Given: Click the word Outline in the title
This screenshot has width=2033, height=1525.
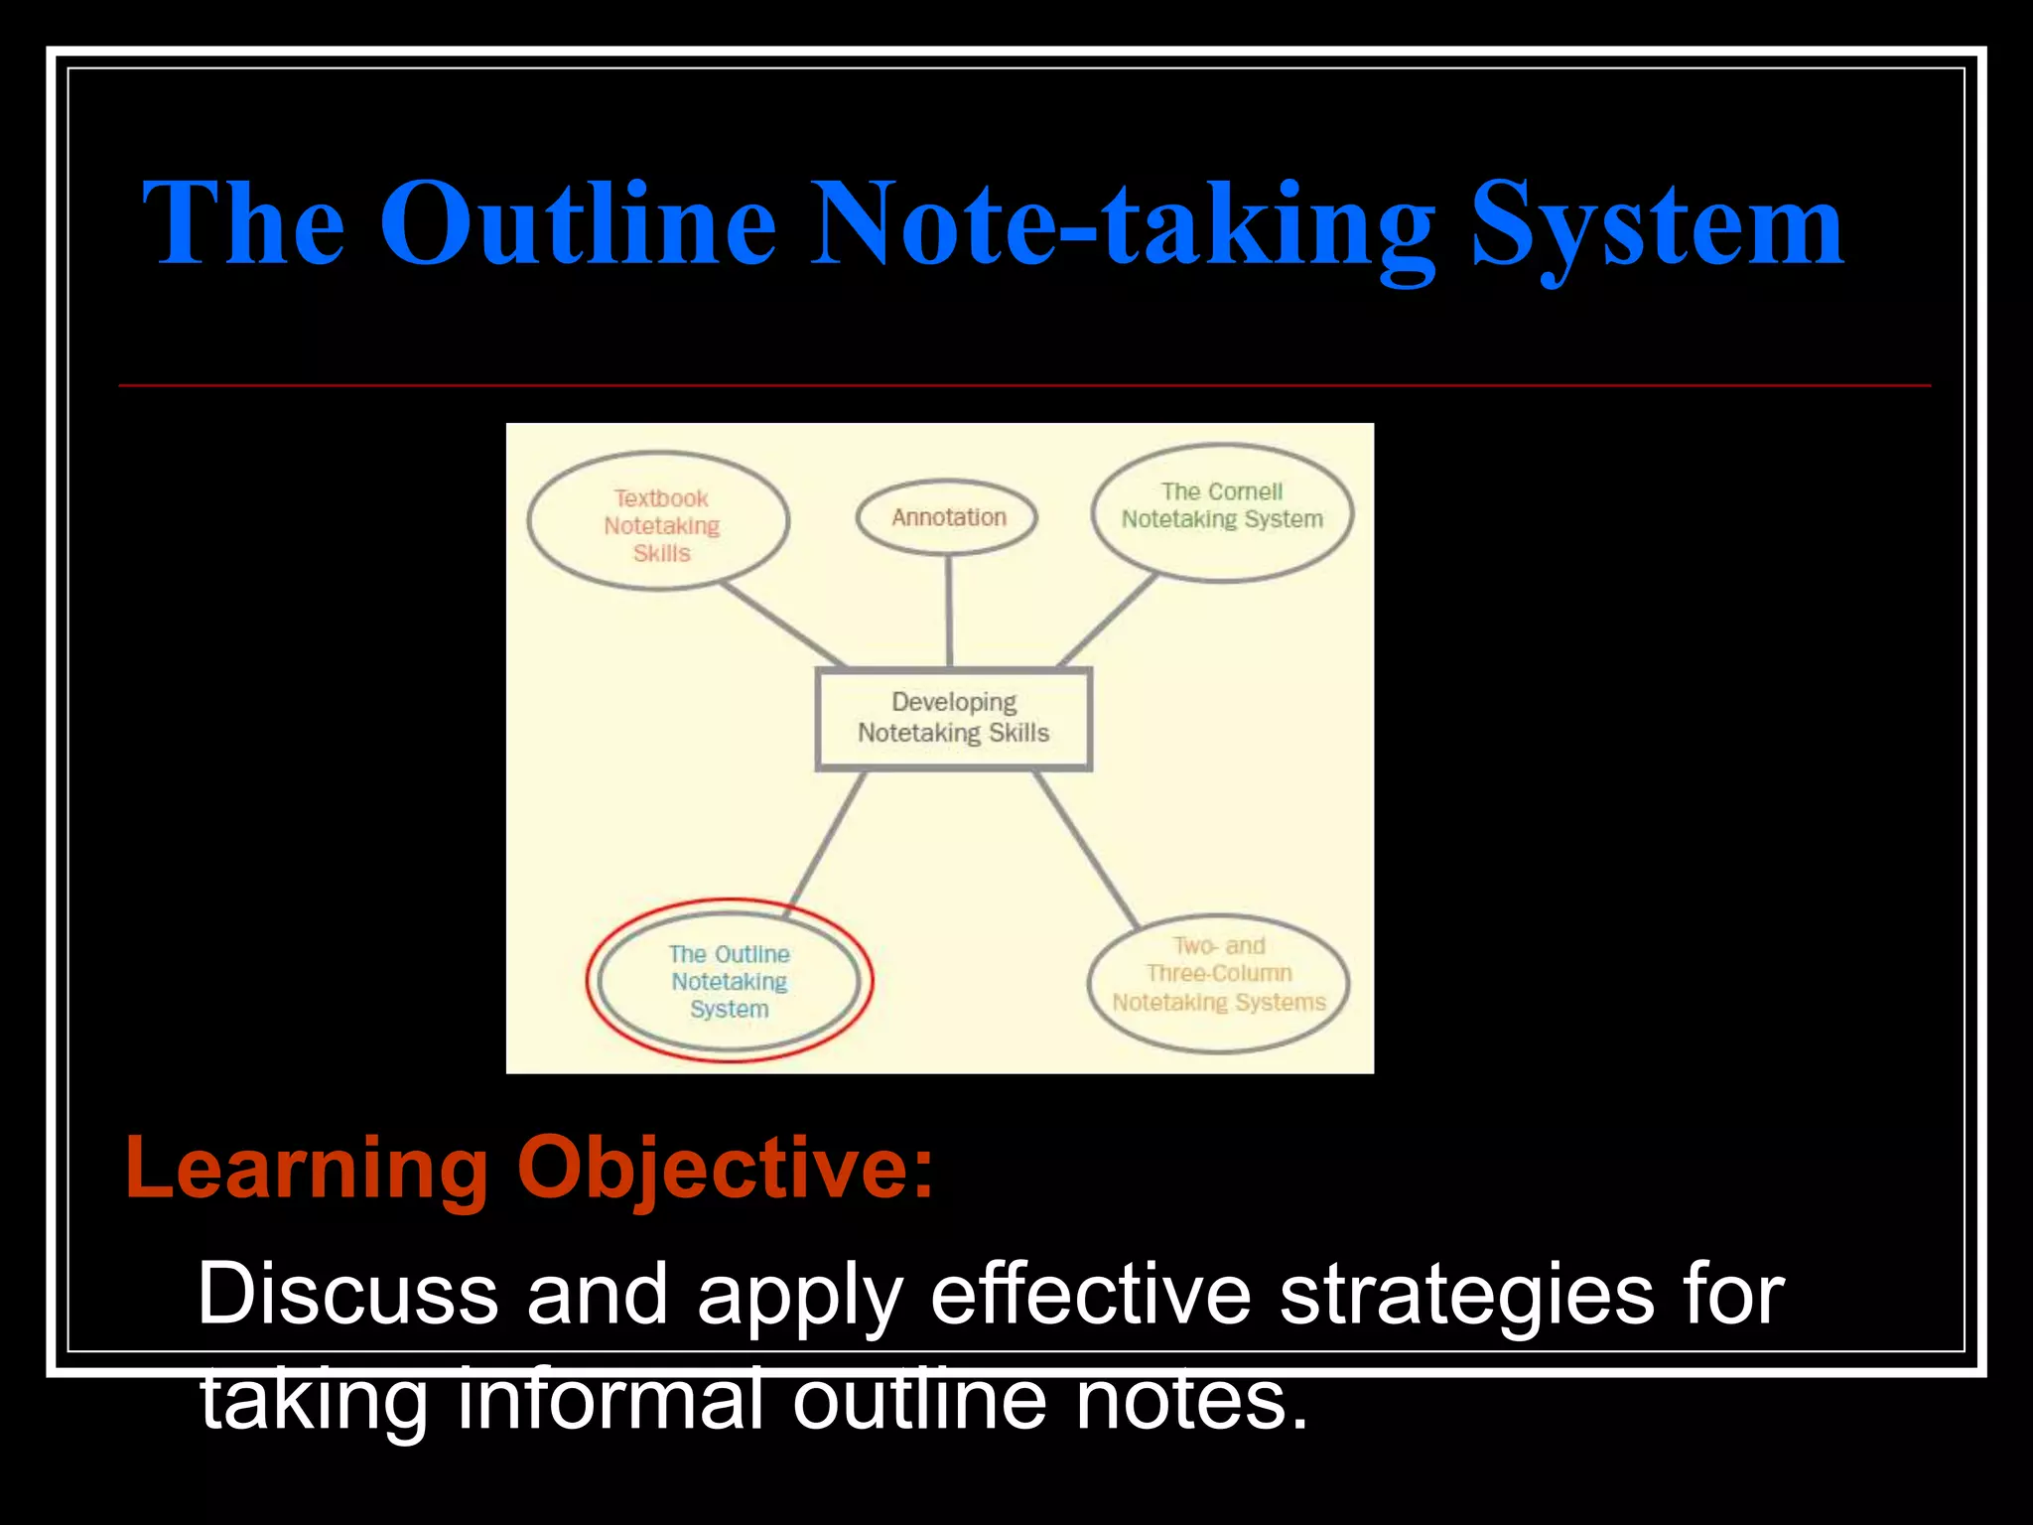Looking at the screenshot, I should point(578,224).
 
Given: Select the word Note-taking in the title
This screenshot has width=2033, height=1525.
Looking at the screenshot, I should point(1122,224).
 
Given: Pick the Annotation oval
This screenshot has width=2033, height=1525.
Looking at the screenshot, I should point(948,517).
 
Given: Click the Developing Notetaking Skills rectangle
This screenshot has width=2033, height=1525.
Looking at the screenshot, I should point(953,718).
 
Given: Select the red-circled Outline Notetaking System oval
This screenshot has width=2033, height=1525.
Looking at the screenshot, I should point(729,981).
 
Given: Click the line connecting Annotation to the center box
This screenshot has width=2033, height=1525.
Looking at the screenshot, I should point(949,611).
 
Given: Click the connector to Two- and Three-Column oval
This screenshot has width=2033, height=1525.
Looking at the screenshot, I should point(1086,849).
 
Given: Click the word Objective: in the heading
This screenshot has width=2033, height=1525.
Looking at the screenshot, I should point(725,1169).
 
